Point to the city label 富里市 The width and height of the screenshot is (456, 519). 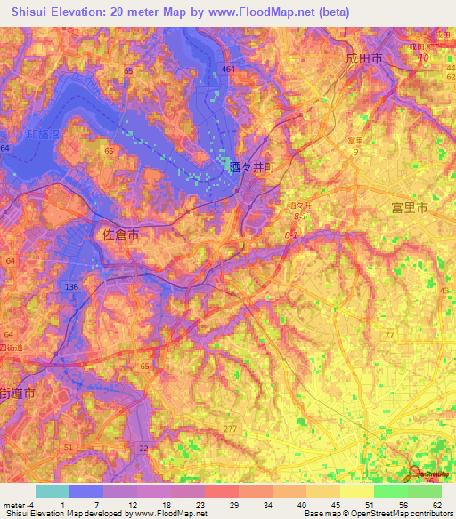point(410,207)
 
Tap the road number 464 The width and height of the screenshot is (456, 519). point(228,69)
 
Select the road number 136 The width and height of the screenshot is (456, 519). point(72,286)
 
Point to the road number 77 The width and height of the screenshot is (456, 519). point(389,334)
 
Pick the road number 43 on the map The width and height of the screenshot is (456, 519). point(445,291)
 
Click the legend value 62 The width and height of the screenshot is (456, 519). point(436,505)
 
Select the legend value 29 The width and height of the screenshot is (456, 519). point(220,505)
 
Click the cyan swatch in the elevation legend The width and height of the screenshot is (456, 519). point(52,491)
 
